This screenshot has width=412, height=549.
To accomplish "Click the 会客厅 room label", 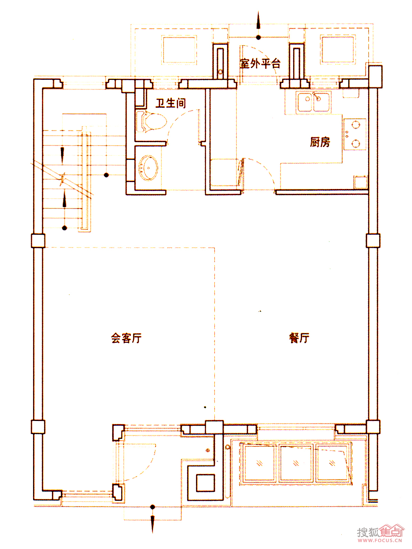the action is click(x=126, y=338).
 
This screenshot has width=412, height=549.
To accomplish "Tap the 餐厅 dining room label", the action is click(x=299, y=338).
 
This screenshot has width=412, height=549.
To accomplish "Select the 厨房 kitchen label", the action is click(x=320, y=142).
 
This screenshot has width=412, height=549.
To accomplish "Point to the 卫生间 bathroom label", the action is click(x=171, y=103).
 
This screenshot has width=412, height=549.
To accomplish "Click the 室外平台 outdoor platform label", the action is click(x=260, y=63).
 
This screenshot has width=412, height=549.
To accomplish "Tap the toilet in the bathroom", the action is click(x=151, y=122).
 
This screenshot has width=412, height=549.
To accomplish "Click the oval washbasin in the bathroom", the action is click(x=148, y=168).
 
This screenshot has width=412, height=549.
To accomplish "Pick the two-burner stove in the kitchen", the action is click(x=355, y=134).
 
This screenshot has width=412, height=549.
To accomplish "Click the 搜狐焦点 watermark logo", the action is click(x=380, y=531).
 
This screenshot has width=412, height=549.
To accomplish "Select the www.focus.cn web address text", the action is click(x=380, y=540).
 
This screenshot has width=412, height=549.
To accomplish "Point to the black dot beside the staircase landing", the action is click(x=106, y=175).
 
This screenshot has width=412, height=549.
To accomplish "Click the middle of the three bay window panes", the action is click(x=296, y=463).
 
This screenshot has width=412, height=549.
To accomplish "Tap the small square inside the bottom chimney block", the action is click(x=205, y=483).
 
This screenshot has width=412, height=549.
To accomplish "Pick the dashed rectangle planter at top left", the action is click(x=179, y=50).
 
